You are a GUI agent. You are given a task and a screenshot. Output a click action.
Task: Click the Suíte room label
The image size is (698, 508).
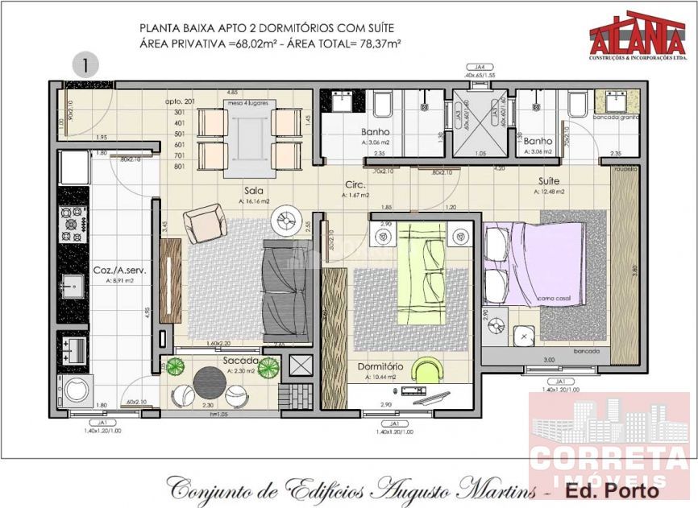coord(550,182)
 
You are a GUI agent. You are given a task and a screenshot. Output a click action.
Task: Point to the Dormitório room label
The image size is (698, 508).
coord(383,367)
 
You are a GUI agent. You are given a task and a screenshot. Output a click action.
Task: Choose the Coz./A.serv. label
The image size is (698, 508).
coord(118,271)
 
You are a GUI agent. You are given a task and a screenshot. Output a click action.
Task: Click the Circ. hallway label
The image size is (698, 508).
coord(355,184)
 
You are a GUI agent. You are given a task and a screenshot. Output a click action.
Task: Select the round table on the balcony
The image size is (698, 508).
coord(210,379)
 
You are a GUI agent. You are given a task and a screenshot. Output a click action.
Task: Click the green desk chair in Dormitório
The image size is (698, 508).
coord(427,370)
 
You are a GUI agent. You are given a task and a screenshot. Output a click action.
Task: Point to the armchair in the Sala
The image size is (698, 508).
coord(204,222)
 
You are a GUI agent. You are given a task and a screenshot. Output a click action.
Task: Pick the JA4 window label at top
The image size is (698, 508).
coord(480,67)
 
